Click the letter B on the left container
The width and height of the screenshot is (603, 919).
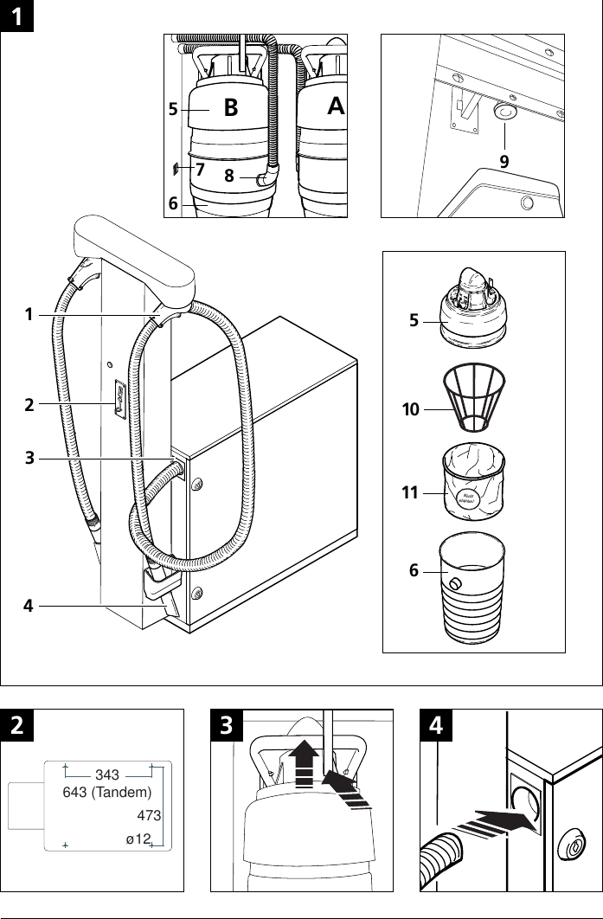(x=230, y=109)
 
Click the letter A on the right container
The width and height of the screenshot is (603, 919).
(x=336, y=106)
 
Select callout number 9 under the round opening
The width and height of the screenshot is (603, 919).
(x=504, y=161)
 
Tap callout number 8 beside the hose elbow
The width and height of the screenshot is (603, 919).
(x=229, y=176)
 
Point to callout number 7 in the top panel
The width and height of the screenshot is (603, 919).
(x=200, y=170)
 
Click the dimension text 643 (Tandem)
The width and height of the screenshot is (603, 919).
(x=107, y=792)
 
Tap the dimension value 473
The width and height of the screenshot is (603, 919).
(x=150, y=815)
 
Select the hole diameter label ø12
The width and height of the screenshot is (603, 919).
(x=138, y=839)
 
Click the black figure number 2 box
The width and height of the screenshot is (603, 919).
(x=16, y=725)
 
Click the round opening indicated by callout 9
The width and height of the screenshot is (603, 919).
(x=504, y=112)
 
